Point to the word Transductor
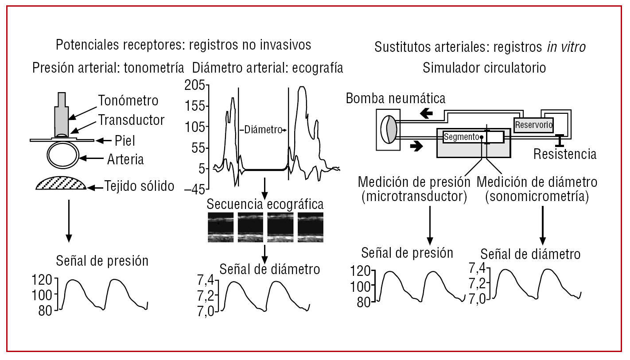click(x=131, y=120)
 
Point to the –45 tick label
click(x=195, y=189)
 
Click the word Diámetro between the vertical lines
click(x=263, y=130)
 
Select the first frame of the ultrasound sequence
click(x=221, y=227)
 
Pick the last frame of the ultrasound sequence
click(x=310, y=227)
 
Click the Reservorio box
click(x=533, y=125)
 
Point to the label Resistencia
click(x=565, y=155)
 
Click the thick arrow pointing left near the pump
click(x=427, y=113)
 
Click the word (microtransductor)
click(x=414, y=197)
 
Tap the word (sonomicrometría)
click(x=537, y=197)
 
